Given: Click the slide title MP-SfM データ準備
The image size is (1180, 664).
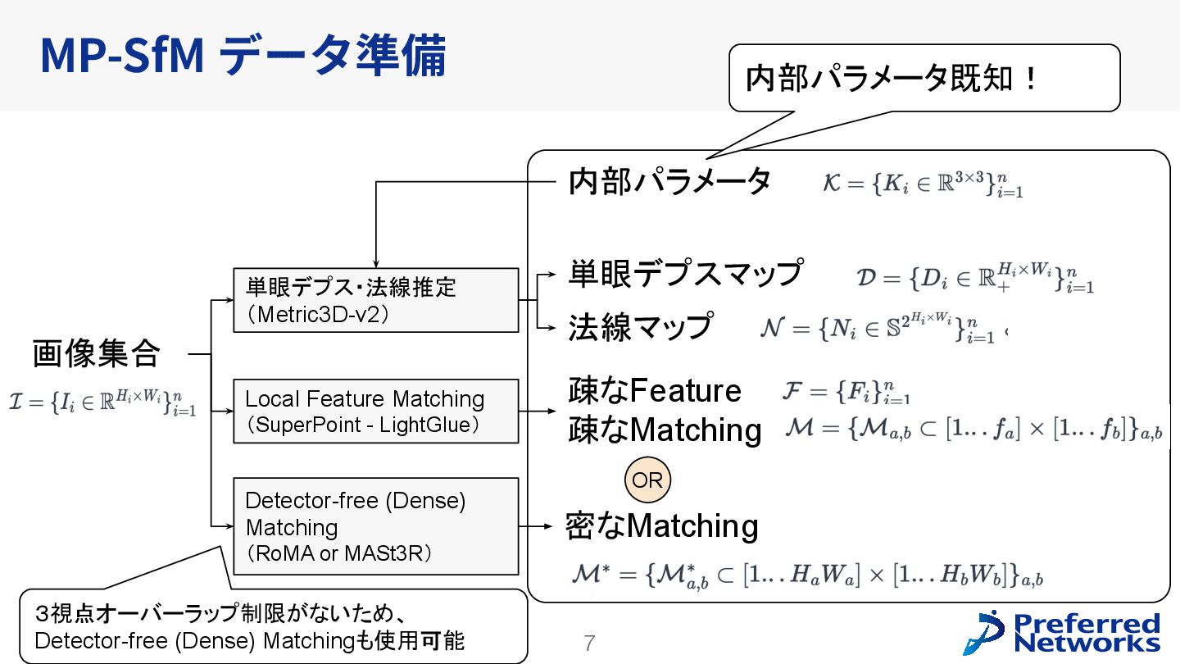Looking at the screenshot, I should (x=243, y=56).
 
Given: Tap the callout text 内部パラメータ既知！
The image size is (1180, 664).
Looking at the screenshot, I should (x=892, y=78).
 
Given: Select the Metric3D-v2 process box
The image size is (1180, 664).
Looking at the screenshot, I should (x=375, y=300).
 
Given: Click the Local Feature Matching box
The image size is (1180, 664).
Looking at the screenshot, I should (x=375, y=411).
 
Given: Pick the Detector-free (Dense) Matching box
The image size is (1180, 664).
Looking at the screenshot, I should (x=375, y=526).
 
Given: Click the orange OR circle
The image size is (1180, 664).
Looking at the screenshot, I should (x=647, y=480).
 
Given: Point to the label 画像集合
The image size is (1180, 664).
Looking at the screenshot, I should (x=96, y=354).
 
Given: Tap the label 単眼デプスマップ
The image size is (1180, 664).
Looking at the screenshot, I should (x=685, y=273).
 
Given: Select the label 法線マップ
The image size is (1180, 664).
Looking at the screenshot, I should (x=640, y=326).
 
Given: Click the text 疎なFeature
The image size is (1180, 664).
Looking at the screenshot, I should (x=654, y=390).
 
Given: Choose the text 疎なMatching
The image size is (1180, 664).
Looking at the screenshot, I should (x=665, y=430).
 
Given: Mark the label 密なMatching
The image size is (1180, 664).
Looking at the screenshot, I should (x=662, y=525).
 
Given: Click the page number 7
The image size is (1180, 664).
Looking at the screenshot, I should (x=588, y=644).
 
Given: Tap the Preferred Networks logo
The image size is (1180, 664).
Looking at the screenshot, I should (x=1063, y=632).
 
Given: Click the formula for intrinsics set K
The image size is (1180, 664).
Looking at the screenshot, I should (x=923, y=184).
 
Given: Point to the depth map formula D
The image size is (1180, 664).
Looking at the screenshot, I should (x=975, y=278).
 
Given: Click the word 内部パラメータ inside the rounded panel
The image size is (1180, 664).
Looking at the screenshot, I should (x=669, y=181).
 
